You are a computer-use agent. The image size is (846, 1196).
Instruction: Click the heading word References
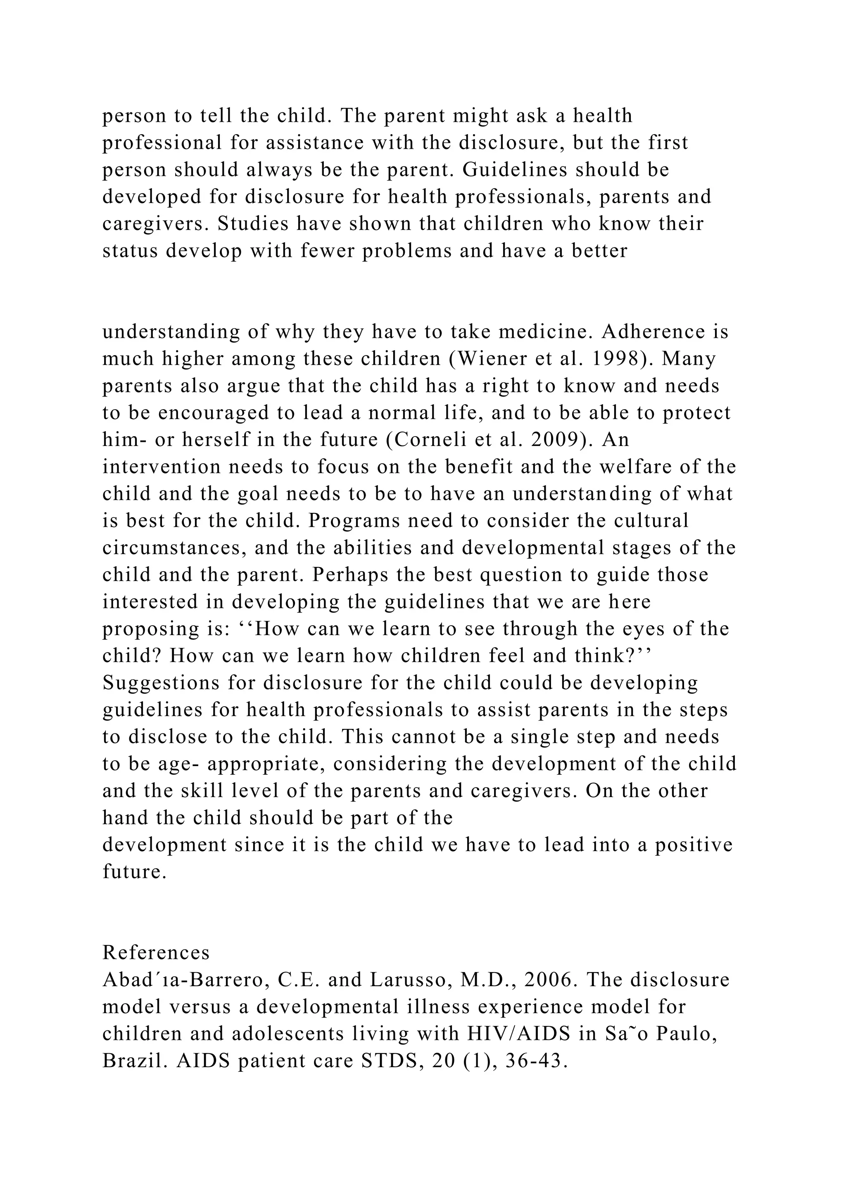pos(156,953)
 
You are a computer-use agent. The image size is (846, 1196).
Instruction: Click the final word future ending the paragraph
pos(134,872)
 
